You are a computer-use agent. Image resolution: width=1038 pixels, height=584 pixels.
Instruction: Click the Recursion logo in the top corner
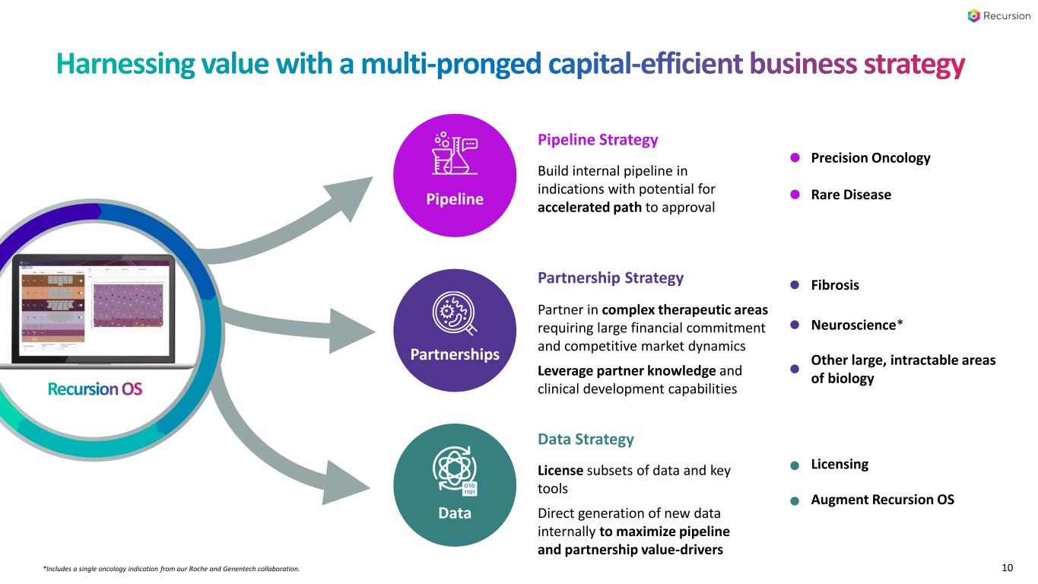(x=998, y=16)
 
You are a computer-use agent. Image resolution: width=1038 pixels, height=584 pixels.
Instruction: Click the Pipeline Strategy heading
(x=598, y=140)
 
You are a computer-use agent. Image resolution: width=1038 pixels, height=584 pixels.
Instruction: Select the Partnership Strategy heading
(x=610, y=278)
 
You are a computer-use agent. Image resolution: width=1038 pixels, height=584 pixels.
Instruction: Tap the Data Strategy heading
(x=586, y=440)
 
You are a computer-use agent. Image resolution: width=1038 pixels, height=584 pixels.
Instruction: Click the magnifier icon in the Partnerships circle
(x=455, y=314)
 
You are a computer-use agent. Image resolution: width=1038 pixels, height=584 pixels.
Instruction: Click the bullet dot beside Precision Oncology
(x=795, y=158)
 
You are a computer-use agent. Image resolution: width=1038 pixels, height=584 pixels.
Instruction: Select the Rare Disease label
(x=851, y=195)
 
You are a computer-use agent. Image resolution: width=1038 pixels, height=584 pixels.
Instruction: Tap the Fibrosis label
(x=835, y=285)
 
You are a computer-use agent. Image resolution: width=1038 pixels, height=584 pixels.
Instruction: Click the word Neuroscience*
(x=857, y=325)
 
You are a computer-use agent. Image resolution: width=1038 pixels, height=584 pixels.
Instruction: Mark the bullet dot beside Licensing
(x=795, y=465)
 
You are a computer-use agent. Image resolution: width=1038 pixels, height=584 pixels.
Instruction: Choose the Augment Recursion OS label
(x=882, y=500)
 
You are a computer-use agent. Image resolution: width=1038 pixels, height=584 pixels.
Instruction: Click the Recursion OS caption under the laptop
(x=95, y=389)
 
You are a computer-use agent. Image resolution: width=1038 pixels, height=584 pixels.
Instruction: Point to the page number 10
(x=1008, y=568)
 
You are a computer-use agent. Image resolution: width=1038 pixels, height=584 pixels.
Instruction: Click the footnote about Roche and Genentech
(x=172, y=569)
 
